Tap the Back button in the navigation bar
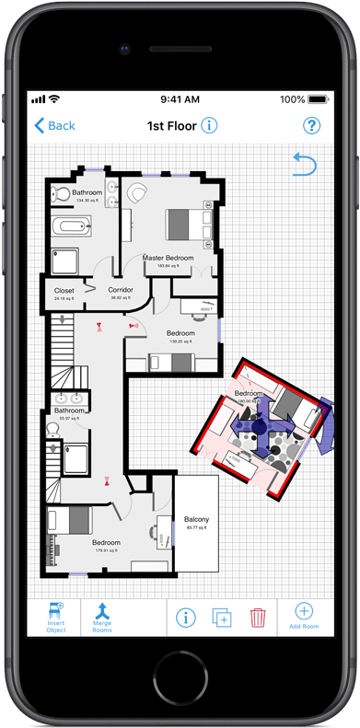coord(54,126)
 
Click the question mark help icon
coord(312,126)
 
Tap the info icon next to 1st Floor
coord(209,125)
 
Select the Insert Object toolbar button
coord(55,616)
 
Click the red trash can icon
coord(258,617)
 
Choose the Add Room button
coord(304,616)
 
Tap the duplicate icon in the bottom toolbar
coord(222,617)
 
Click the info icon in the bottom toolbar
coord(186,617)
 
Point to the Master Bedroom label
coord(168,260)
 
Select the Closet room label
coord(64,291)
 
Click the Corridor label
coord(121,291)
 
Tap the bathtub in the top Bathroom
coord(70,225)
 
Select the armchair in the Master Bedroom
coord(138,193)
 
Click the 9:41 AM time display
coord(180,98)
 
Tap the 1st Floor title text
coord(171,126)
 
